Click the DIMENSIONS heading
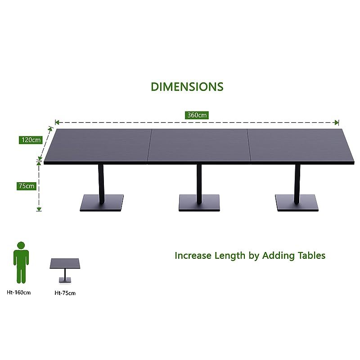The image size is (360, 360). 187,87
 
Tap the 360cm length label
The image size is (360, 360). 197,115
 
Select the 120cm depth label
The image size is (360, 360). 31,140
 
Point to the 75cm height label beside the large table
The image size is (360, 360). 27,186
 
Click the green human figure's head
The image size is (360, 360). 21,245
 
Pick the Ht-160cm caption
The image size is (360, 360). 18,292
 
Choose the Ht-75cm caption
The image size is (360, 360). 65,293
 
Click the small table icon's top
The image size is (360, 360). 65,263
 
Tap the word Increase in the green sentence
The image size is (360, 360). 193,256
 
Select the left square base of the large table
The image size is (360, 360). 102,203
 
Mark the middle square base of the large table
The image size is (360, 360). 199,203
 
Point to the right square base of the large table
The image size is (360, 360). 297,203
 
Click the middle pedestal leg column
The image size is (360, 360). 199,184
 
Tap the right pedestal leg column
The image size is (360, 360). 297,184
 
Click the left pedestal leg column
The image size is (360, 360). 101,184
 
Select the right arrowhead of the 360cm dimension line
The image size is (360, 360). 337,122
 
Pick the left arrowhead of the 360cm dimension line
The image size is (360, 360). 57,122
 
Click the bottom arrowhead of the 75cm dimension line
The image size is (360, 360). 39,209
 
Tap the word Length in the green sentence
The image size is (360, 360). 230,256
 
